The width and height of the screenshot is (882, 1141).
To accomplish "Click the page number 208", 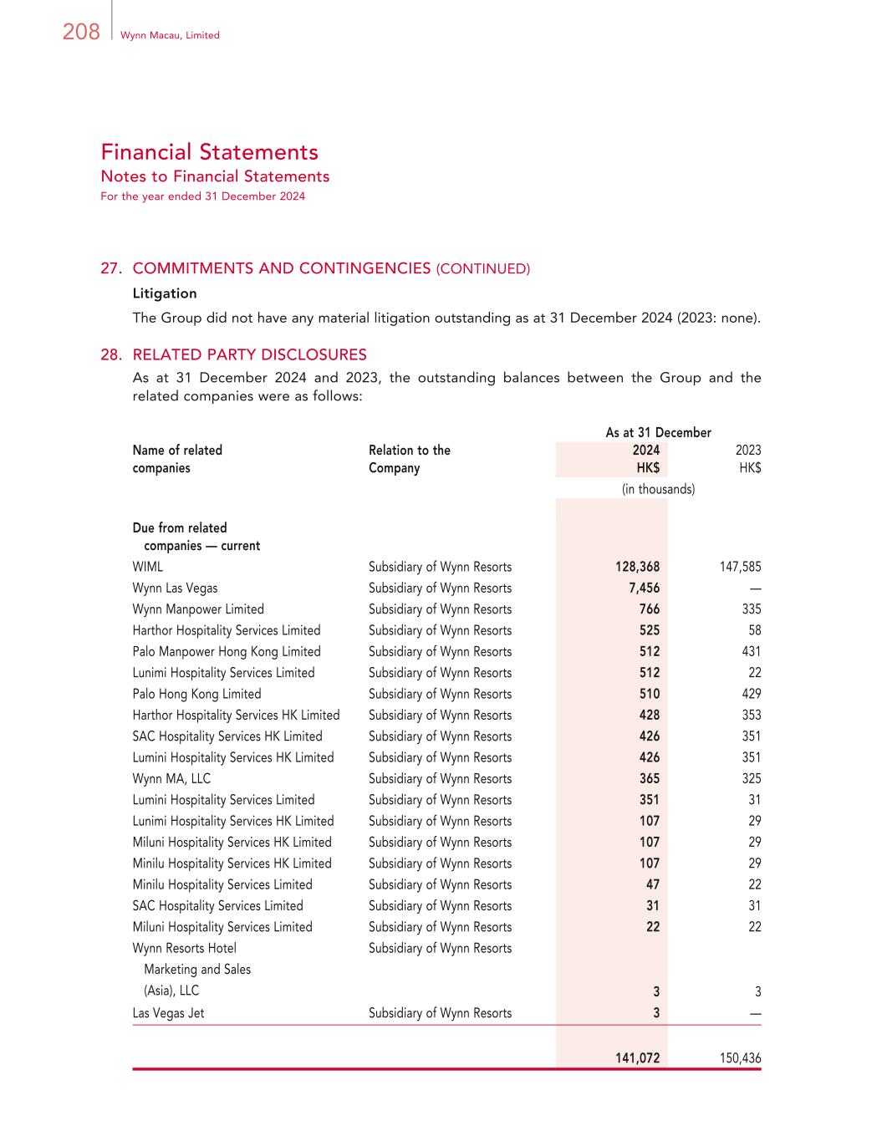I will click(81, 33).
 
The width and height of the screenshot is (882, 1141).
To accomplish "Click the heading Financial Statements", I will click(209, 152).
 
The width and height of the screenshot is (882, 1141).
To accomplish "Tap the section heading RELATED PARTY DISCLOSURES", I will click(249, 354).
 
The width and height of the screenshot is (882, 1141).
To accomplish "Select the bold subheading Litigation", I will click(165, 293).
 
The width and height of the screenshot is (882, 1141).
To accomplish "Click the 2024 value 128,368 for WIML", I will click(637, 567).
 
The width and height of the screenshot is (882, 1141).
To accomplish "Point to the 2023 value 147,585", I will click(740, 567).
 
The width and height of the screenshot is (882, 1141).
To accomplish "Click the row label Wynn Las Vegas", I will click(175, 588).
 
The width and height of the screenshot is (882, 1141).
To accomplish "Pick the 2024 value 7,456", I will click(644, 588).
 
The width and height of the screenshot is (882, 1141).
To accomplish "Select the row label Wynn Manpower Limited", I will click(198, 609).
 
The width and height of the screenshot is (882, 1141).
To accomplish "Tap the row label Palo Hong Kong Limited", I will click(196, 694).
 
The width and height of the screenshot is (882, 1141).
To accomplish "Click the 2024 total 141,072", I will click(637, 1058).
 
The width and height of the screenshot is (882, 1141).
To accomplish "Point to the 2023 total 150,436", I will click(740, 1058).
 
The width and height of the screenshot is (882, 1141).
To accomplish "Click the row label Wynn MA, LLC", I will click(171, 779).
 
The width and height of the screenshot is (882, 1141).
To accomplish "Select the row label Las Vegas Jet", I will click(168, 1013).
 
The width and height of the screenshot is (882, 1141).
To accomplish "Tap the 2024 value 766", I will click(650, 609).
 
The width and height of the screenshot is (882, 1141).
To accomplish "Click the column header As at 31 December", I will click(658, 432).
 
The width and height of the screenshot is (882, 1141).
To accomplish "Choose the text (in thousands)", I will click(658, 489).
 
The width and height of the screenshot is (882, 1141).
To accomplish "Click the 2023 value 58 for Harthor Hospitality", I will click(754, 630).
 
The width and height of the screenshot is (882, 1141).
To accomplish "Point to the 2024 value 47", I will click(652, 884).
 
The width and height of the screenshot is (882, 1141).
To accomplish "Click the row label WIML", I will click(148, 567).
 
